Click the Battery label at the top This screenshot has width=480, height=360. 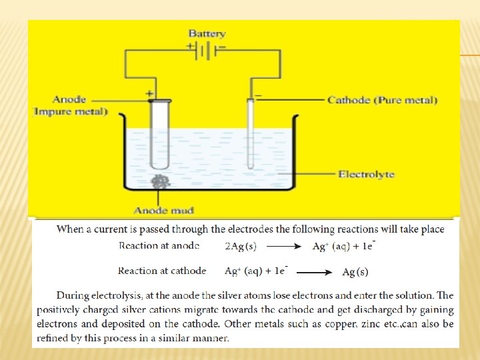pyautogui.click(x=207, y=33)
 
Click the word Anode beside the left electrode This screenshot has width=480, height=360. pyautogui.click(x=69, y=100)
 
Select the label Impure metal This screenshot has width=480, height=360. pyautogui.click(x=71, y=111)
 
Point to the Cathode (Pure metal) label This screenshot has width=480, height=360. pyautogui.click(x=383, y=101)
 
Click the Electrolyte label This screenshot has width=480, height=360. pyautogui.click(x=366, y=175)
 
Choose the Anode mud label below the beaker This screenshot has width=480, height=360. pyautogui.click(x=163, y=211)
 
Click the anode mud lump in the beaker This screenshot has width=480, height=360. pyautogui.click(x=160, y=181)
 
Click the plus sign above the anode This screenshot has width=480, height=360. pyautogui.click(x=149, y=94)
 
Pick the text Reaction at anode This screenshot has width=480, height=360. pyautogui.click(x=159, y=245)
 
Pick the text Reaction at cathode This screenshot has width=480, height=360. pyautogui.click(x=162, y=271)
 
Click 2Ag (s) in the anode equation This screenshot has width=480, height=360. pyautogui.click(x=240, y=247)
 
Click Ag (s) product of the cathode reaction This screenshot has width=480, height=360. pyautogui.click(x=355, y=272)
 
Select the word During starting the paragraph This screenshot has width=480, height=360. pyautogui.click(x=73, y=295)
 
